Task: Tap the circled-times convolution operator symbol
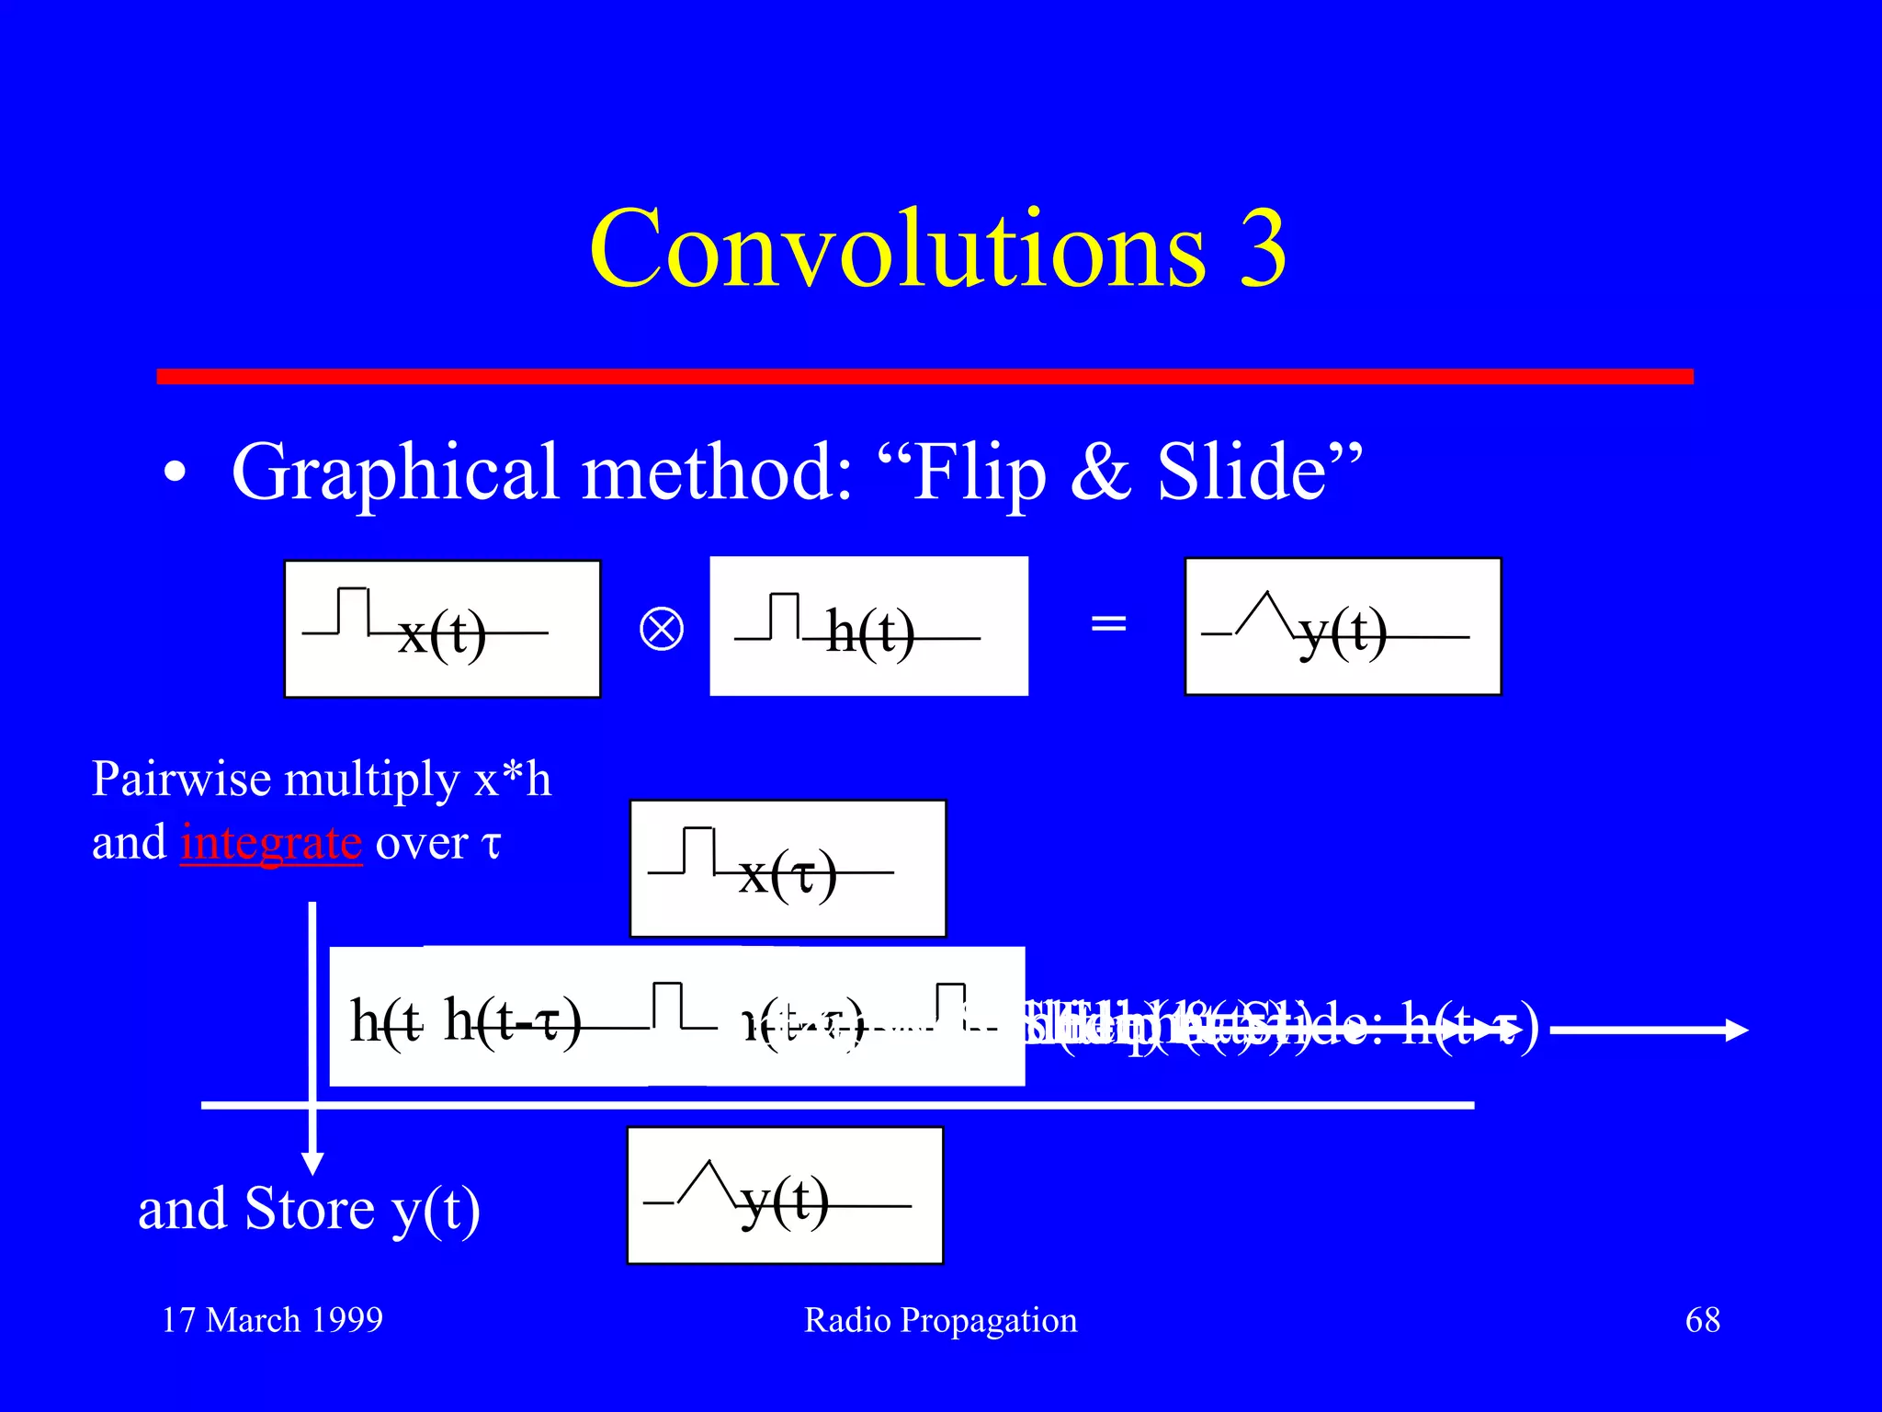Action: (661, 630)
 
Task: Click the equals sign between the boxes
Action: (1107, 624)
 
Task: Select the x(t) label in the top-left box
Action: (442, 634)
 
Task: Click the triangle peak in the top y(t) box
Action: (1267, 596)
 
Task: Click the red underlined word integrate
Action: (271, 842)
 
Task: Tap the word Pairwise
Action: (181, 780)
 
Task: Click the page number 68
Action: (1702, 1320)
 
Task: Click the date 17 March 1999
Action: (272, 1320)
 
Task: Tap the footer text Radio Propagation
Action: (940, 1320)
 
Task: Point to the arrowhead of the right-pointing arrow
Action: (1738, 1030)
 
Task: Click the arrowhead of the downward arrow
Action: (312, 1164)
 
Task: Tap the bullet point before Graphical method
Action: (175, 474)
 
